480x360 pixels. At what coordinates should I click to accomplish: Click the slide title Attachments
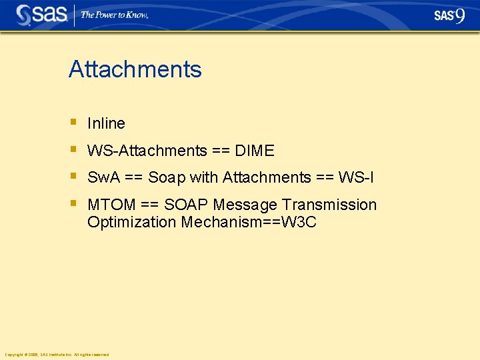135,69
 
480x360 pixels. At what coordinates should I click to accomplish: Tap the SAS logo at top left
41,15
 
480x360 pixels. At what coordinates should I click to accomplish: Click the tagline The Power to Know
114,15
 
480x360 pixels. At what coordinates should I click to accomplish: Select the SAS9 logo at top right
449,15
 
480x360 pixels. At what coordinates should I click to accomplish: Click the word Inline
106,123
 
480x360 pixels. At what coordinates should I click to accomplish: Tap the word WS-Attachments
147,151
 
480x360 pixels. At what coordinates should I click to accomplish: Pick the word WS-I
356,177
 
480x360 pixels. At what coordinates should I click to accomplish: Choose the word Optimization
131,222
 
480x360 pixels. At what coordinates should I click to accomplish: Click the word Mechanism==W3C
249,222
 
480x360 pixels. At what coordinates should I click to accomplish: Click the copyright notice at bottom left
57,354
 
